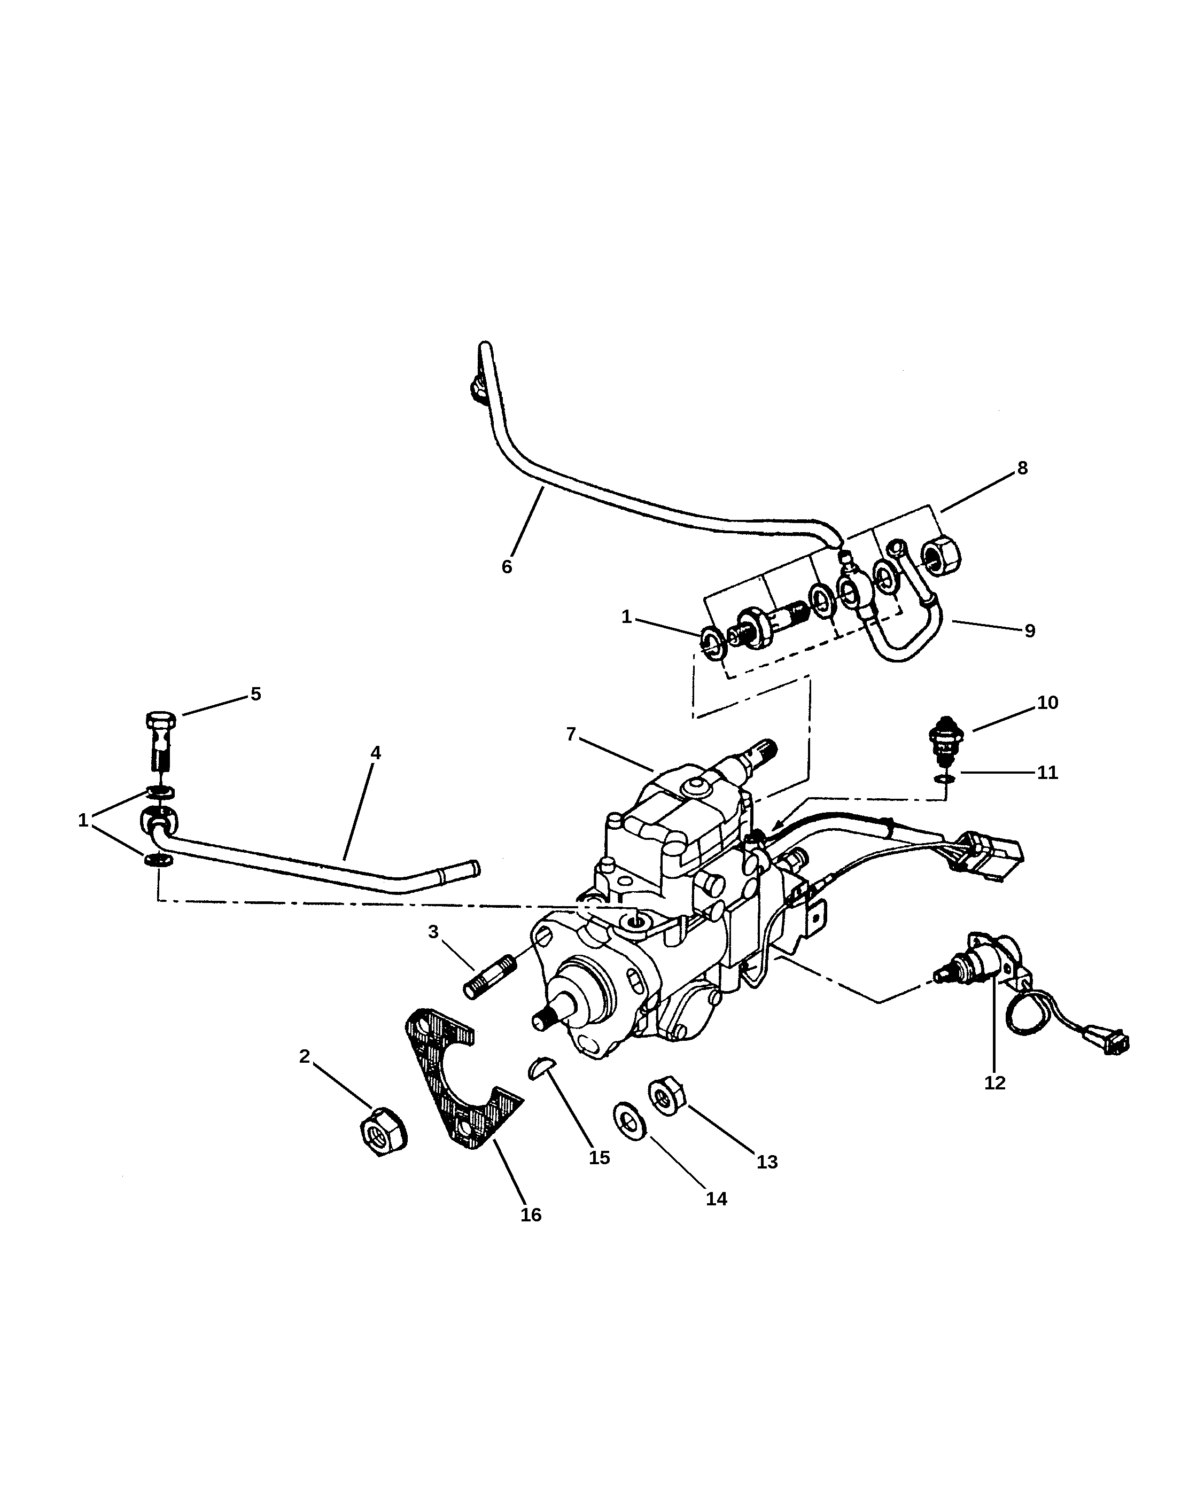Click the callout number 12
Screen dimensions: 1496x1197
[994, 1082]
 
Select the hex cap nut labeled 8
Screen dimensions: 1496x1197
[942, 555]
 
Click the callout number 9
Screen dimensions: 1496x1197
[1029, 631]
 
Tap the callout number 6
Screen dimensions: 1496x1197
[507, 567]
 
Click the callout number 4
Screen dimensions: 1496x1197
[376, 753]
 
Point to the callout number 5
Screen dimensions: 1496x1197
[255, 694]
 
